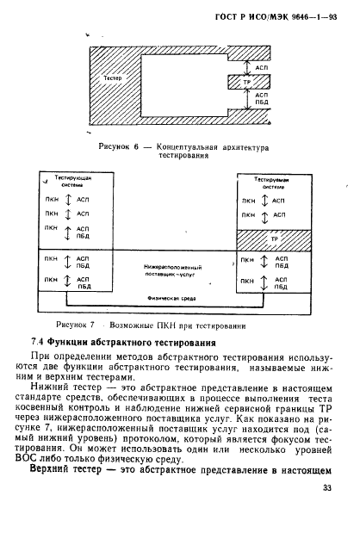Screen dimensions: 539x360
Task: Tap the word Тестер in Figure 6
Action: (x=112, y=78)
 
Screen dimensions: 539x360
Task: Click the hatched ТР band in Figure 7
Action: (x=270, y=239)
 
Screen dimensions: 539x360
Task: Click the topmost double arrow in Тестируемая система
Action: (x=267, y=199)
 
